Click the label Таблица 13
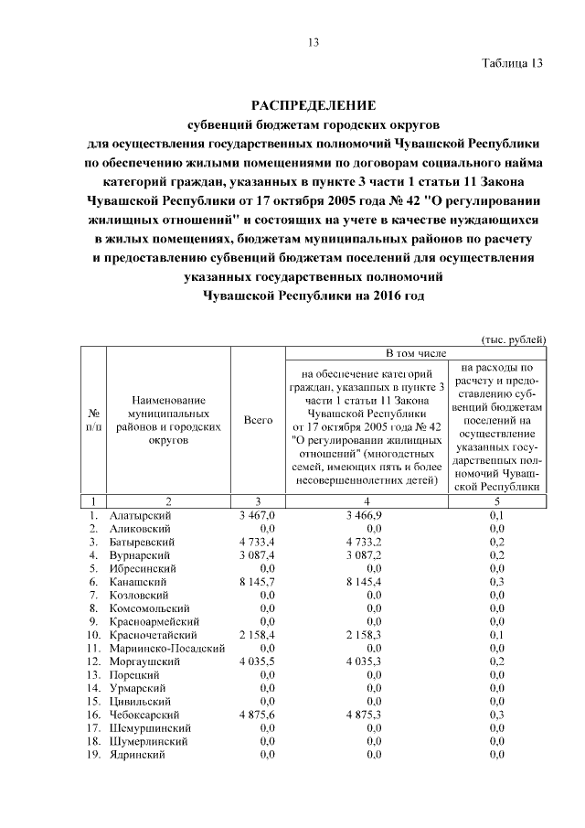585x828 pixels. pos(513,63)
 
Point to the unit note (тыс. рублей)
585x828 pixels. pos(514,339)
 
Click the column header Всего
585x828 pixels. pos(259,420)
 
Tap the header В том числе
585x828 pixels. pos(417,353)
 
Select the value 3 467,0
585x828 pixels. pos(256,516)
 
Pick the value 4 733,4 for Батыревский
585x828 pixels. pos(256,542)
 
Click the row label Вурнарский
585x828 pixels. pos(137,554)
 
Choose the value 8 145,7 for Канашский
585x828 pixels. pos(256,581)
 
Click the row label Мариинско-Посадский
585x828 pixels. pos(166,648)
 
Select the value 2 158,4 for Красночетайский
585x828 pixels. pos(256,634)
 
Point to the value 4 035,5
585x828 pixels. pos(256,661)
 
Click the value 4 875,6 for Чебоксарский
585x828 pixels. pos(256,714)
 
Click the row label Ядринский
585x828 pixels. pos(135,754)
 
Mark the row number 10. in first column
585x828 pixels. pos(93,634)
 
